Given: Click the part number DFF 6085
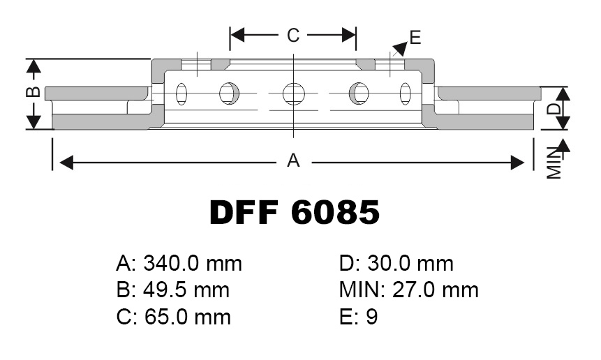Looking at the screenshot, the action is [295, 212].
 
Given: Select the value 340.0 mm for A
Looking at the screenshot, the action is [193, 264].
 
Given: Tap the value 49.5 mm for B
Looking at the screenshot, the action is [186, 290].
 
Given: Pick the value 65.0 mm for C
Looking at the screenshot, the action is [188, 317].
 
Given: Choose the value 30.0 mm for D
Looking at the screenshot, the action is [410, 264].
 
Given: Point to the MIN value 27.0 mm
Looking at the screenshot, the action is [436, 290].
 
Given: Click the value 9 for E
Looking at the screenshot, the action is [372, 317].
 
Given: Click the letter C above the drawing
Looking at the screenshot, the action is [293, 36].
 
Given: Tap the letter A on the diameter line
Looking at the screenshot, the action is [293, 160].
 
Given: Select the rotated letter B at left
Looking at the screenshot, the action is [34, 92].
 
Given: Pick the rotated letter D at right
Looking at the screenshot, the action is [554, 109].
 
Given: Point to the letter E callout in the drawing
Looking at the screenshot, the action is [415, 38].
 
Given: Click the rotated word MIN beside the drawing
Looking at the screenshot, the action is [554, 163].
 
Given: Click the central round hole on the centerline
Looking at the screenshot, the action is [294, 93].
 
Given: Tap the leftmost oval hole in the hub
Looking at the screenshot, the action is [181, 93].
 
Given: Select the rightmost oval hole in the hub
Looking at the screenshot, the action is [405, 93].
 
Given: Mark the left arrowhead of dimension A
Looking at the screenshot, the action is [66, 163].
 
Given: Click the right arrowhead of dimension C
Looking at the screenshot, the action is [349, 36].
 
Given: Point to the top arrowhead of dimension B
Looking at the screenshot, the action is [34, 66].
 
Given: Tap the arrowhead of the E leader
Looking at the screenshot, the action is [400, 49].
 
